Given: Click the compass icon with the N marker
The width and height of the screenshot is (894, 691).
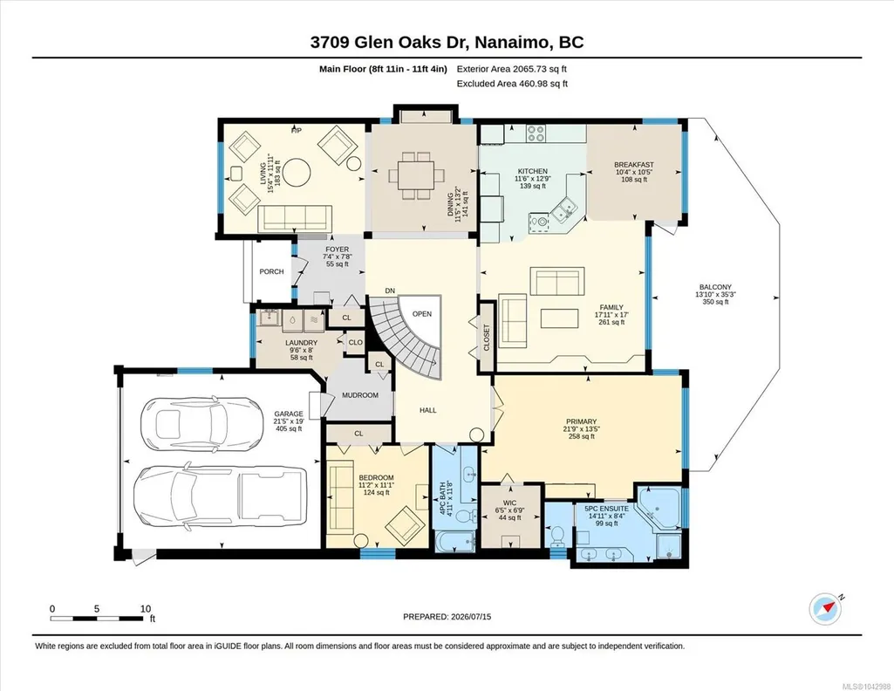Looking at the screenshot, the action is (x=825, y=610).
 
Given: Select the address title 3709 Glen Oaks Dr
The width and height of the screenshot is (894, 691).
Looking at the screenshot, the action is (x=388, y=42).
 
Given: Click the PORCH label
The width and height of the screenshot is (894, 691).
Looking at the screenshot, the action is (x=271, y=271).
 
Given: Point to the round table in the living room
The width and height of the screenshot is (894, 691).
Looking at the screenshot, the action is (x=297, y=172).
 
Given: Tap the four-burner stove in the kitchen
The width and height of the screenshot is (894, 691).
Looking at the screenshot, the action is (x=536, y=133).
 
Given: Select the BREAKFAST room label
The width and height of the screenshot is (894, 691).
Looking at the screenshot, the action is (x=634, y=165).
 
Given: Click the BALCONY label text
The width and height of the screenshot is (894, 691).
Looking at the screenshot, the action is (x=715, y=287).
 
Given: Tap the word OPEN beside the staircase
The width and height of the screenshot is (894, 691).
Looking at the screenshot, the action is (x=422, y=313).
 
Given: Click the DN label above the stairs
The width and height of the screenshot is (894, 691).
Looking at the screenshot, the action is (x=390, y=291).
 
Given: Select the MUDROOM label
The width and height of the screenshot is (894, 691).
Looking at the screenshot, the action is (x=360, y=395).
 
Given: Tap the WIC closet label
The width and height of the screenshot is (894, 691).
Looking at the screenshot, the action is (x=509, y=503).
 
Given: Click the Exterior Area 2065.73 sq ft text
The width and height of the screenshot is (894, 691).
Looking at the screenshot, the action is (x=511, y=69).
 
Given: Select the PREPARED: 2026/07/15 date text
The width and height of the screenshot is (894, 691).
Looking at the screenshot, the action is (x=447, y=616).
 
